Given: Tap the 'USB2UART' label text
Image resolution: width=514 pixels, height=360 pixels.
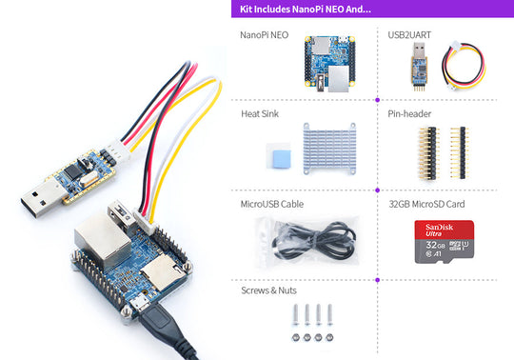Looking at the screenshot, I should [409, 35].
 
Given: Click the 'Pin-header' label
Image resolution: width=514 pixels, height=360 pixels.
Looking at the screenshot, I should [409, 114].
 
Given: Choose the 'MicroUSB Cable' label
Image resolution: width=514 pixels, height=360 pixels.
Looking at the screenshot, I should [273, 204].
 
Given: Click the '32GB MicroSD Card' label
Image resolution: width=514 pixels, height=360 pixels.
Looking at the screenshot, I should [427, 204].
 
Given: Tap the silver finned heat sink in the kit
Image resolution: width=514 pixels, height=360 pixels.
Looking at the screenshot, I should [334, 149].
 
